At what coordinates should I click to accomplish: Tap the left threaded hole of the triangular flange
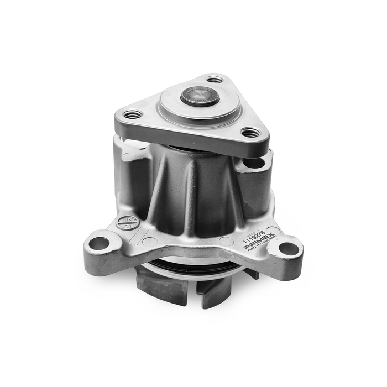133,115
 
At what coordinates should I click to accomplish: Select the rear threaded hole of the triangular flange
216,80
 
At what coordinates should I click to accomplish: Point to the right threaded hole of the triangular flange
250,133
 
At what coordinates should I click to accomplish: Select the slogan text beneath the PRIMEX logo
263,247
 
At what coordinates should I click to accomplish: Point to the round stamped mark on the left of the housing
125,223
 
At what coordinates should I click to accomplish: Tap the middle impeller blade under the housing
213,293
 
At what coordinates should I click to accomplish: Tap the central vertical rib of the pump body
191,188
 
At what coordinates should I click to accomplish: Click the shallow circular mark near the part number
225,241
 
